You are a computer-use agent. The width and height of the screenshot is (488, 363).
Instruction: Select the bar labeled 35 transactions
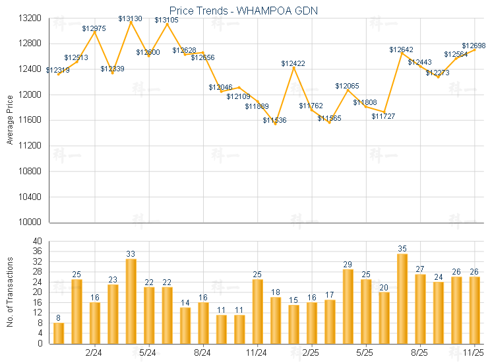(402, 298)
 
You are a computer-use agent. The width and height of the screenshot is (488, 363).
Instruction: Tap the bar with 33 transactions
(131, 301)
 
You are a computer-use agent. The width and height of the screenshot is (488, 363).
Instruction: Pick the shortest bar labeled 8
(59, 333)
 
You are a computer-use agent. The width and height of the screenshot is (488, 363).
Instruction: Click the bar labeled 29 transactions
(348, 306)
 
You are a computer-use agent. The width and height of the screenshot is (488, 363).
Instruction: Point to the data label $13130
(130, 18)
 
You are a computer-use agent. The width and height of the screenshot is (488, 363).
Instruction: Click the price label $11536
(275, 120)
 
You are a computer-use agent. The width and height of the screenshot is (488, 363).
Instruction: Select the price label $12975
(94, 28)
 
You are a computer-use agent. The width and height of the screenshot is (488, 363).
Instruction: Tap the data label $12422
(293, 63)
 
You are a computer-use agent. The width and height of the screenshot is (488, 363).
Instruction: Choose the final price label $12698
(473, 46)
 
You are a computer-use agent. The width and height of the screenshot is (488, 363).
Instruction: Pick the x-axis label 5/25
(365, 352)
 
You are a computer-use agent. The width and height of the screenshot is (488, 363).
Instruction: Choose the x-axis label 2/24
(94, 352)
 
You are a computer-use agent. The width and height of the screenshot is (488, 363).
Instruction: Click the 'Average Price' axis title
(9, 120)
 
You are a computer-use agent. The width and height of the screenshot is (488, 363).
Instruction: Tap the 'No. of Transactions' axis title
(9, 292)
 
